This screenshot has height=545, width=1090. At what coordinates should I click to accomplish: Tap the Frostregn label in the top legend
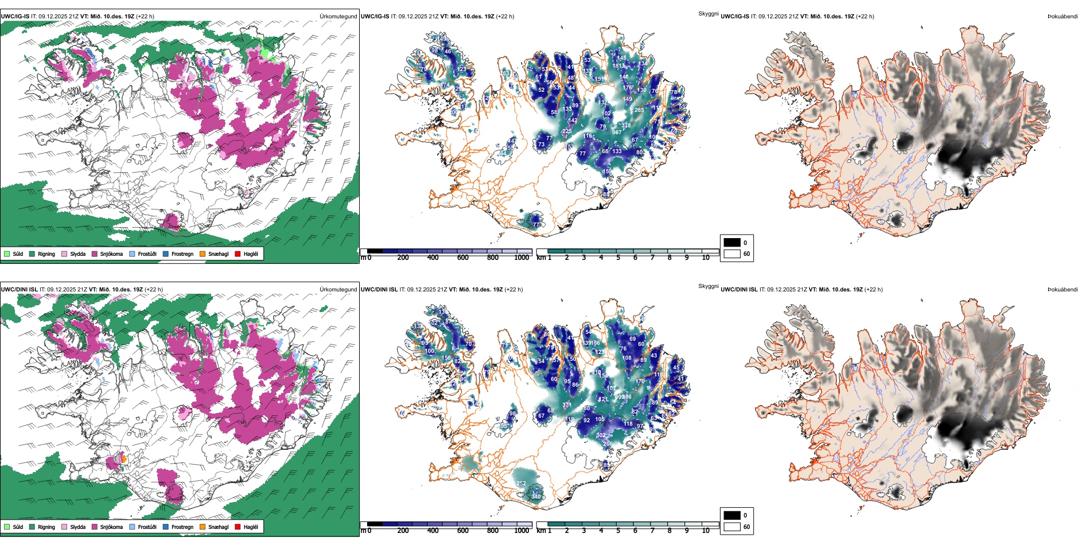coord(182,254)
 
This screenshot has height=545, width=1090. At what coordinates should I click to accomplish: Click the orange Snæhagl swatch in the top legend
coord(203,254)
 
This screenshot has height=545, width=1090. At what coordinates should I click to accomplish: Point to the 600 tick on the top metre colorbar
coord(463,257)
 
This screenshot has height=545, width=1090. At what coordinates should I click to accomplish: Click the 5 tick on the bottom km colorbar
coord(618,530)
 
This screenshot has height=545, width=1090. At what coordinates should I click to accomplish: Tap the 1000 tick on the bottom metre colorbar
coord(521,530)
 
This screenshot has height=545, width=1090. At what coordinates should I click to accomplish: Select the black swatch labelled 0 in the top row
coord(732,243)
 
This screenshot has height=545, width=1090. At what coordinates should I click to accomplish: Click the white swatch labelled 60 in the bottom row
coord(732,527)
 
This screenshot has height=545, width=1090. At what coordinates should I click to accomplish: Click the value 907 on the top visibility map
coord(617,132)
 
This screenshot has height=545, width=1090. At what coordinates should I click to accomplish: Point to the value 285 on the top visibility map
coord(639,110)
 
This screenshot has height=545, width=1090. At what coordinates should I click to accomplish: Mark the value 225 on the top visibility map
coord(567,131)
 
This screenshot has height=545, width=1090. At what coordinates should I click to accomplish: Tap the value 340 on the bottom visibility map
coord(536,496)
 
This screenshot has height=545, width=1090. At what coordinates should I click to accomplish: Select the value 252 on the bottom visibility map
coord(521,483)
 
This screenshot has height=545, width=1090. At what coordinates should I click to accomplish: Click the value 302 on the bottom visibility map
coord(601,435)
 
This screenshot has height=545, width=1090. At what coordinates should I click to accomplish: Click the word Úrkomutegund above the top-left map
coord(338,17)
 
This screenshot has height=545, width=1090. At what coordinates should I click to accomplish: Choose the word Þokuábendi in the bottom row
coord(1062,290)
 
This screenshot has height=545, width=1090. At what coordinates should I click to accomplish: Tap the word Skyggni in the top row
coord(708,13)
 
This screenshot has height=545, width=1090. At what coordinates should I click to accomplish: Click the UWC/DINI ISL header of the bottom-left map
coord(19,290)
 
